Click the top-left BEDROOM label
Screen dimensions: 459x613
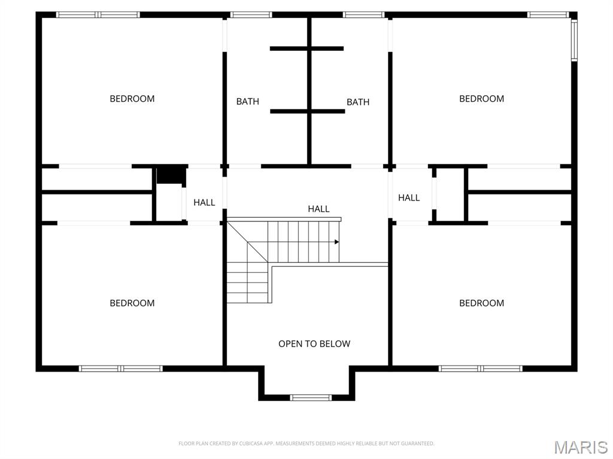[x=132, y=99]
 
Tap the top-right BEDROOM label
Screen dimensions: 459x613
[x=481, y=99]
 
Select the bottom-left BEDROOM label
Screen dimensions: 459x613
[x=132, y=303]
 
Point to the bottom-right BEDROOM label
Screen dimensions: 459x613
[x=481, y=303]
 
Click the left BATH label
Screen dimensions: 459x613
[x=248, y=102]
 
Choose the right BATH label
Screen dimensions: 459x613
[x=358, y=102]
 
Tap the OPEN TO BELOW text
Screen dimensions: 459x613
[x=314, y=344]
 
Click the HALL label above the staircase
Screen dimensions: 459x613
[x=318, y=209]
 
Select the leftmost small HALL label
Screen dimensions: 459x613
[x=204, y=203]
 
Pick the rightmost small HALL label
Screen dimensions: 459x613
[x=409, y=197]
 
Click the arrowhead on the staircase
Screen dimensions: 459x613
[x=336, y=242]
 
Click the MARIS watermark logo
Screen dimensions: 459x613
[x=581, y=447]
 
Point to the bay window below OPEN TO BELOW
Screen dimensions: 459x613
[x=310, y=397]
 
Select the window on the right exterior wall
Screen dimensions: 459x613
[x=573, y=40]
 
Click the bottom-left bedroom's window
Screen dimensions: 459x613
[x=121, y=369]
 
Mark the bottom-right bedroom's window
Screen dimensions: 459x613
[x=481, y=369]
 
